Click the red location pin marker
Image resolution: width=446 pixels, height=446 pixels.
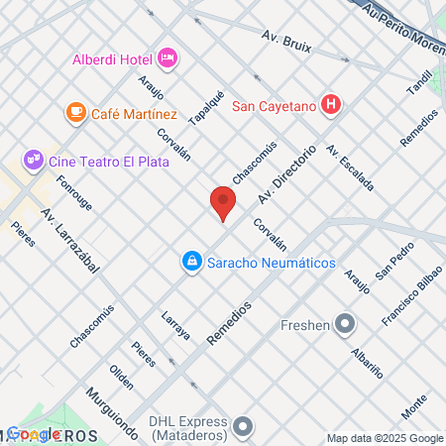[x=223, y=204]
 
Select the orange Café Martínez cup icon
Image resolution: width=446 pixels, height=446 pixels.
[x=76, y=114]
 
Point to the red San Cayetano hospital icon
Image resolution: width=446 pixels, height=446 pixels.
[x=334, y=105]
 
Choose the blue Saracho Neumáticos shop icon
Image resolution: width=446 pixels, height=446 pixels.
[x=188, y=262]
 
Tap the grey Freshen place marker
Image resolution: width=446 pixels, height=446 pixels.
[x=345, y=323]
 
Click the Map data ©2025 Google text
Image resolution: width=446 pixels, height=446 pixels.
[x=386, y=438]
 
